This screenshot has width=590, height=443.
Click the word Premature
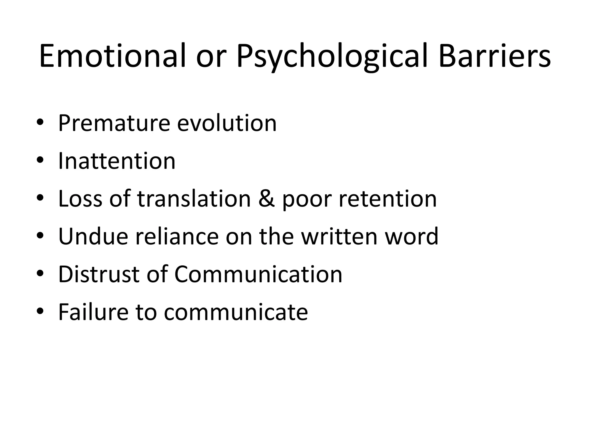coord(114,123)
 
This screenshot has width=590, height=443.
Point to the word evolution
coord(227,123)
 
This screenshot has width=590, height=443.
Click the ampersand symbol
coord(266,199)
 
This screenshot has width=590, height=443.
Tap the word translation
coord(194,199)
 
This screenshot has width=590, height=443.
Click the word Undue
coord(93,236)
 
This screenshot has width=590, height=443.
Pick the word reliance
coord(177,236)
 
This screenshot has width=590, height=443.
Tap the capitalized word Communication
coord(258,274)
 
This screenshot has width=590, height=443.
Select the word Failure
coord(93,312)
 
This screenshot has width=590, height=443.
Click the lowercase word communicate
coord(236,312)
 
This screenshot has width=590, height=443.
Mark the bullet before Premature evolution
coord(40,122)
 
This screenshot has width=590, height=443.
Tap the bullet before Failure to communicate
coord(40,311)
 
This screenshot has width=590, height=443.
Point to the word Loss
coord(80,199)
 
